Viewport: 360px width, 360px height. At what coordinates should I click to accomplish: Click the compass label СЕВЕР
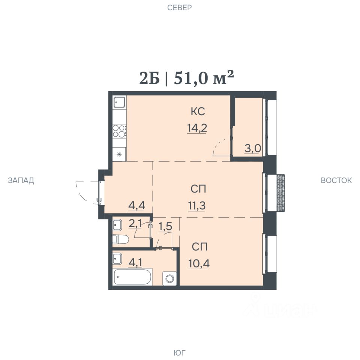point(179,7)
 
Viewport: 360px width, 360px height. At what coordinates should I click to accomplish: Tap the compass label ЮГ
point(179,352)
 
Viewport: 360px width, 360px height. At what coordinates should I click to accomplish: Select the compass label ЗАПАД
point(21,180)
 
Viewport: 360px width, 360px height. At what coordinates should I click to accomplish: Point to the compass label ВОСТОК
point(336,180)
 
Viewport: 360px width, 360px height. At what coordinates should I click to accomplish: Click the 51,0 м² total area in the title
point(204,78)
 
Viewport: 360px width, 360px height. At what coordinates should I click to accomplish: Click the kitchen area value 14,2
point(197,127)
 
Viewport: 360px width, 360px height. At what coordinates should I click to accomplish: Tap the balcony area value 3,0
point(252,149)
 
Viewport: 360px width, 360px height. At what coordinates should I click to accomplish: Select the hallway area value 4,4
point(136,205)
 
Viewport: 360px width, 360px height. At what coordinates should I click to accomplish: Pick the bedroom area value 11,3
point(197,206)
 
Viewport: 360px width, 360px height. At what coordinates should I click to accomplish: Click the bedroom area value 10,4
point(199,264)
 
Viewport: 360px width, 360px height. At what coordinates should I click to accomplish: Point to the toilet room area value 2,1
point(135,223)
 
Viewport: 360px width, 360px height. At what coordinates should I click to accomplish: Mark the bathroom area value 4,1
point(135,262)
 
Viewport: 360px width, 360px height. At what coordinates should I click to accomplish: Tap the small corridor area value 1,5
point(165,226)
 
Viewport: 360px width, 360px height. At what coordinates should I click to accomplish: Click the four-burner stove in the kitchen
point(119,131)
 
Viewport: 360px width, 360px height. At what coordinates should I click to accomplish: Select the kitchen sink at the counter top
point(119,102)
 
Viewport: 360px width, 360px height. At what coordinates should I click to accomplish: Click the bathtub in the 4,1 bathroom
point(132,277)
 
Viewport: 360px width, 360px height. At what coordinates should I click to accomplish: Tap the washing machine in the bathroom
point(169,279)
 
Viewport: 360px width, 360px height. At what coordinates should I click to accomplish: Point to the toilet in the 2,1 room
point(120,239)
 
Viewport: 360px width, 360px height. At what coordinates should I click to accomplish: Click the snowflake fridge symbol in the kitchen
point(119,154)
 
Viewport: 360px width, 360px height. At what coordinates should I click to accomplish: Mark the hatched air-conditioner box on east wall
point(280,193)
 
